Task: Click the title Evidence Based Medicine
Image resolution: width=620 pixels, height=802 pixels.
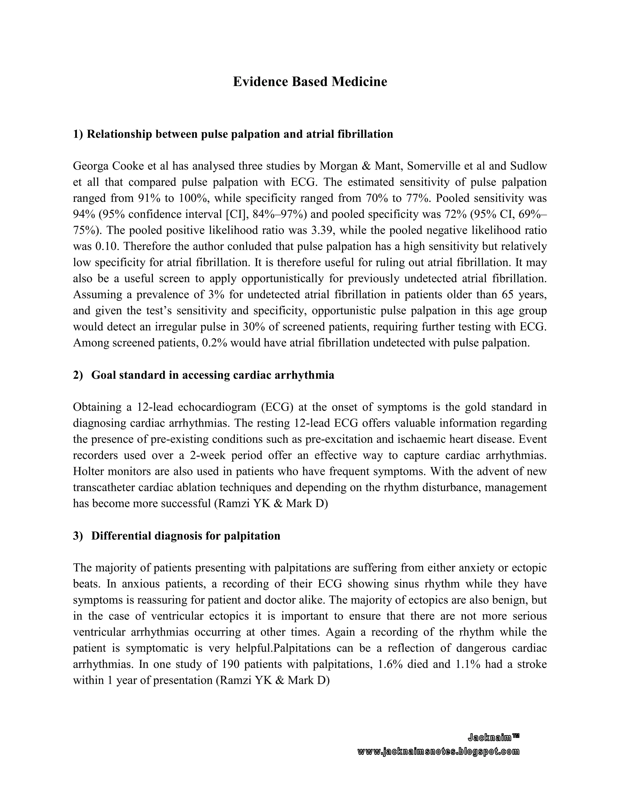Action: (310, 81)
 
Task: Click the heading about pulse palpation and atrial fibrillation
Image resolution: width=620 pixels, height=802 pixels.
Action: (233, 134)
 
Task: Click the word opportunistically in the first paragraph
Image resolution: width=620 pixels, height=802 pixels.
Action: (282, 279)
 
